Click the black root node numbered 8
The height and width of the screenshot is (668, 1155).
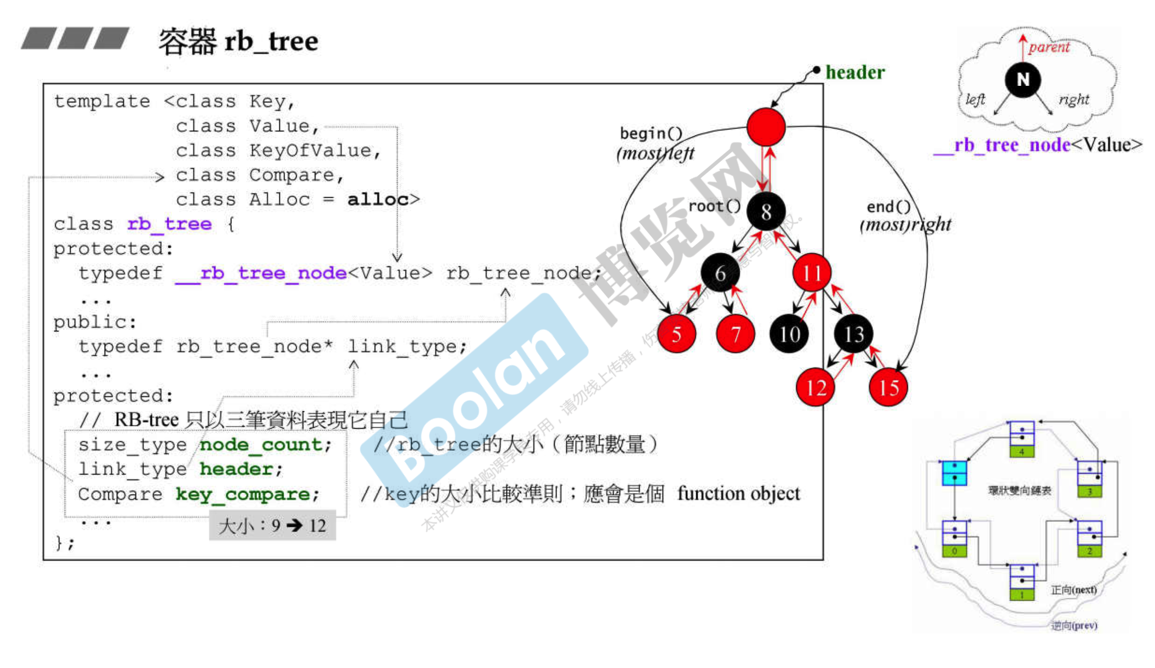click(x=766, y=212)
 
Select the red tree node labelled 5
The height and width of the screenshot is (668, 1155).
click(x=676, y=334)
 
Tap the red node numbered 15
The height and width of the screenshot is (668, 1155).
click(x=888, y=388)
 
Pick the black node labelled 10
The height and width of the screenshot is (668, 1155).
click(x=789, y=334)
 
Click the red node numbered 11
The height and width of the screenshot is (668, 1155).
click(x=812, y=273)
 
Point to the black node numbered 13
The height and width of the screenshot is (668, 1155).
click(x=853, y=334)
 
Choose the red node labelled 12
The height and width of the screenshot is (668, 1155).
click(x=815, y=388)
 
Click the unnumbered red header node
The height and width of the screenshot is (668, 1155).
click(x=766, y=127)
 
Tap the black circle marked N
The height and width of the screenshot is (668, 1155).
click(x=1023, y=80)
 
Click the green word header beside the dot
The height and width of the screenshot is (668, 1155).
click(x=855, y=73)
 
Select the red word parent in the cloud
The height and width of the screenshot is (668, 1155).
click(x=1049, y=47)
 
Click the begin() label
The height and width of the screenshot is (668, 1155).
click(x=651, y=134)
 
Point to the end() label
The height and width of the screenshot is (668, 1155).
click(x=888, y=207)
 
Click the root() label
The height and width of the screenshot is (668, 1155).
click(x=714, y=206)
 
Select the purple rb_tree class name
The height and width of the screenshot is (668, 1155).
click(x=170, y=225)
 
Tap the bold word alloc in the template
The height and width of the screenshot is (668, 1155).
click(x=377, y=200)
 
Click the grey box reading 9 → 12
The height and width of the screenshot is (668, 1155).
click(x=273, y=526)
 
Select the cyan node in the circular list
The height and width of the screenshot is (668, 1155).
click(x=954, y=473)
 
